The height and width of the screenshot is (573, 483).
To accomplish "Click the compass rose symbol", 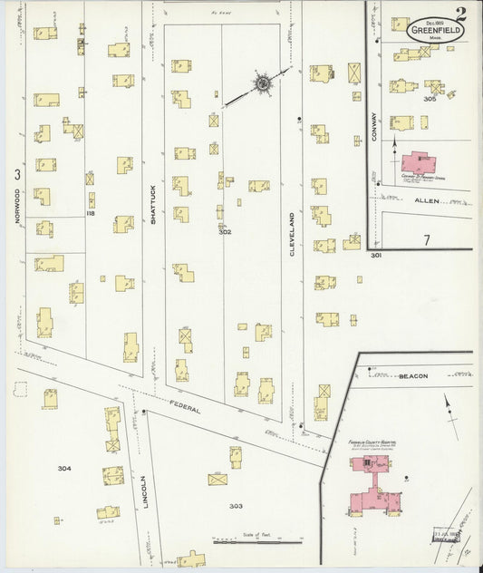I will (263, 83).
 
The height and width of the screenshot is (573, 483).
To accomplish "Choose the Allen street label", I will (426, 200).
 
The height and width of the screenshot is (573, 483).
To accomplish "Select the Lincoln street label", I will (144, 490).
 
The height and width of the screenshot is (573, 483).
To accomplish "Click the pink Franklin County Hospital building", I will (370, 485).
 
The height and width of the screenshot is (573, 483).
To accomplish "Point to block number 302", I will (225, 232).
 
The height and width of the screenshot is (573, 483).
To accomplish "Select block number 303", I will (237, 506).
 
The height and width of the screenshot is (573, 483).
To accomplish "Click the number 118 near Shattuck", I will (91, 213).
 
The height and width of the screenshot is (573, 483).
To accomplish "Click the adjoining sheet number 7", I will (426, 240).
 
